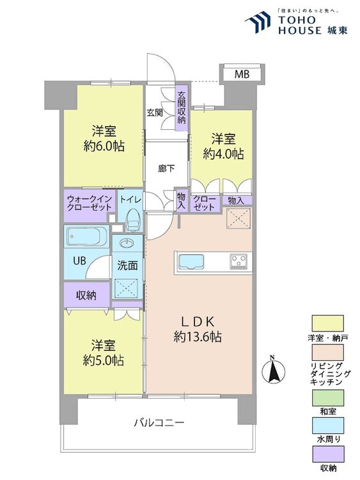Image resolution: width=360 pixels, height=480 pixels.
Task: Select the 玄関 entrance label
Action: [x=154, y=113]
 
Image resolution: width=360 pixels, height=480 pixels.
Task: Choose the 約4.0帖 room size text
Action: [x=223, y=154]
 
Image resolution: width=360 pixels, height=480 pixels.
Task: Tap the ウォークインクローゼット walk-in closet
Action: [x=90, y=204]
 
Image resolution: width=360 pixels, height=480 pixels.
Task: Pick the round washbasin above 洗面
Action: [x=125, y=244]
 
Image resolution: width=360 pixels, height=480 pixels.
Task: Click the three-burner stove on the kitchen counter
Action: [x=239, y=261]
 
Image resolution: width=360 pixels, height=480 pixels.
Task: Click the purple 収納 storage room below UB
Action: [x=86, y=295]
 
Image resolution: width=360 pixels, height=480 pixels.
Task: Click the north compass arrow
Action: [x=272, y=369]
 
